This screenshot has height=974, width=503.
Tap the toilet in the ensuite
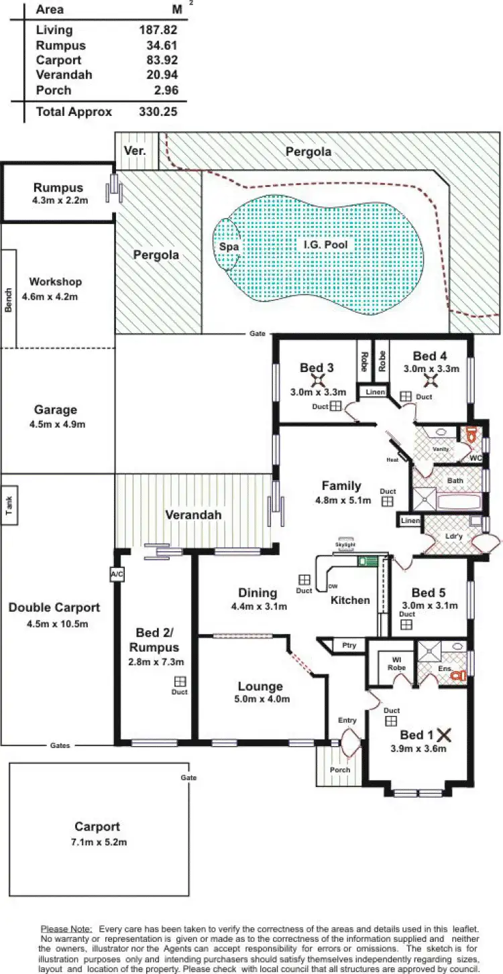click(x=458, y=676)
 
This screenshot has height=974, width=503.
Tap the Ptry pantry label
click(x=349, y=646)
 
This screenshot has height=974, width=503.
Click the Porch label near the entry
click(x=340, y=770)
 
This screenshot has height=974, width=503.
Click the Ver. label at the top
click(x=135, y=151)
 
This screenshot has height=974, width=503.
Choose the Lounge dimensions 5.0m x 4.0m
click(x=260, y=699)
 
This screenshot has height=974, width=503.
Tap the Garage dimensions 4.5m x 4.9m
click(x=56, y=424)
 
